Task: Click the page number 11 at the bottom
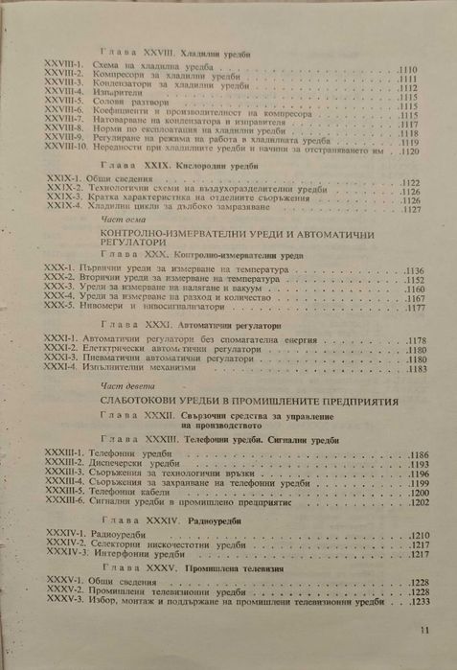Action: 425,630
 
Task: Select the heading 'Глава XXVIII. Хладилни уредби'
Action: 177,57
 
